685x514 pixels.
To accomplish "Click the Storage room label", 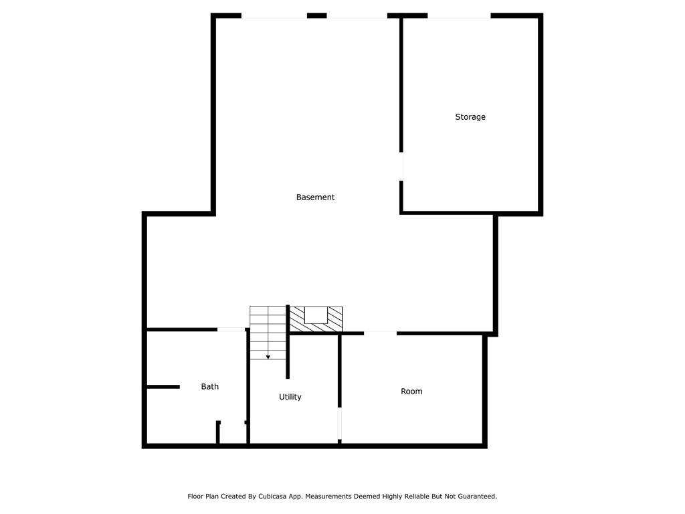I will tap(470, 117).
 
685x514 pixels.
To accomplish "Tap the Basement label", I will tap(315, 197).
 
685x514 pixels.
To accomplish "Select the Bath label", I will tap(210, 387).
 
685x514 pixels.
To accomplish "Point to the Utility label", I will tap(290, 398).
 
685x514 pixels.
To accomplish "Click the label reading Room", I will tap(411, 392).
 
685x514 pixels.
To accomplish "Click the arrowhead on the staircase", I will tap(268, 357).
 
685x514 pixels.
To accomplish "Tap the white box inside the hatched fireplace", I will tap(316, 315).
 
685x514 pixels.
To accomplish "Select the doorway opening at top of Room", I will tap(380, 333).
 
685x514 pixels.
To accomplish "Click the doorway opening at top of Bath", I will tap(231, 329).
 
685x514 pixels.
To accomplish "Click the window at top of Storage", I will tap(459, 15).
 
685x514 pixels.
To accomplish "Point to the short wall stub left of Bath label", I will tap(163, 387).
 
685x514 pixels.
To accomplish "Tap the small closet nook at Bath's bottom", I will tap(233, 434).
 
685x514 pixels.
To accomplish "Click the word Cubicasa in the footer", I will tap(277, 497).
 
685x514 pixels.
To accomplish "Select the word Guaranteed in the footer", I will tap(474, 497).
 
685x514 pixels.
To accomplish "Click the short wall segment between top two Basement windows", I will tap(316, 15).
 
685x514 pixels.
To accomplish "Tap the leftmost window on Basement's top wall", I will tap(274, 15).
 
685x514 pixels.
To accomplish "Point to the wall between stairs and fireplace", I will tap(288, 341).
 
